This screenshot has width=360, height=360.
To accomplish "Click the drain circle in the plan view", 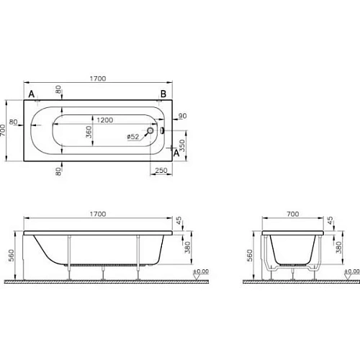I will click(150, 131).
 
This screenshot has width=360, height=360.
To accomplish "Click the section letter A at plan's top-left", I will click(31, 94).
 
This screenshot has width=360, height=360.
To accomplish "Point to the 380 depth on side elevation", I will click(189, 248).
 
